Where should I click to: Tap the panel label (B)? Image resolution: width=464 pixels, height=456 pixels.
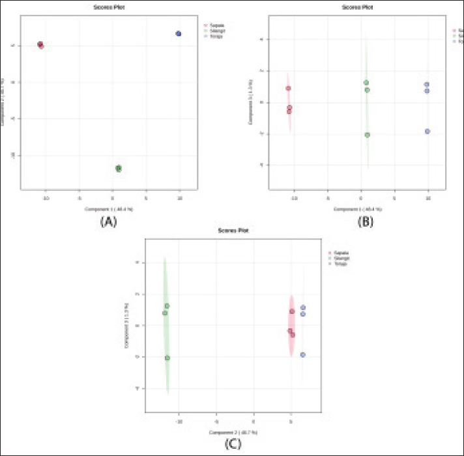[x=364, y=221]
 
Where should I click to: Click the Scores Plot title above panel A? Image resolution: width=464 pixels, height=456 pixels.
[x=108, y=7]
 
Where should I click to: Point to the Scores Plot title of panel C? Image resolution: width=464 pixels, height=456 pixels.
[x=233, y=231]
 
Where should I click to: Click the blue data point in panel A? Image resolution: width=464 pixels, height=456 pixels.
[x=179, y=33]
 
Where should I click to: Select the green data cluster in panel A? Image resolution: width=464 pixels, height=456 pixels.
[x=119, y=168]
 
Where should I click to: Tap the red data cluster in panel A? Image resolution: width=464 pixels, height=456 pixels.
[x=40, y=45]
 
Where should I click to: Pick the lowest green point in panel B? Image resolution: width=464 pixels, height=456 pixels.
[x=368, y=135]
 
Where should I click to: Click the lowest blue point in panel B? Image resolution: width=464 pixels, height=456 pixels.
[x=428, y=131]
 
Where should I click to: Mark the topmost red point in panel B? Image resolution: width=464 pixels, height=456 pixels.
[x=288, y=89]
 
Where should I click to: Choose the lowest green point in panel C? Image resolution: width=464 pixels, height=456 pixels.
[x=167, y=358]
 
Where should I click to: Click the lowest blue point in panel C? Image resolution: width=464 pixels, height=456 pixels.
[x=303, y=354]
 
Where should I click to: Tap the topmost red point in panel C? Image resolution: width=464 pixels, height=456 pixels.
[x=292, y=311]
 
